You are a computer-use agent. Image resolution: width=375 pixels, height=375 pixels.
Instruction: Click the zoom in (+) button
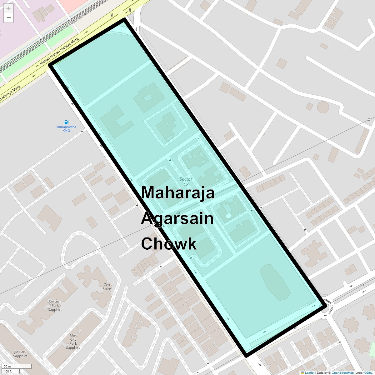point(8,8)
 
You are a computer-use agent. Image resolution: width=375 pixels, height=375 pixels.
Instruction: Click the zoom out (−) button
point(8,18)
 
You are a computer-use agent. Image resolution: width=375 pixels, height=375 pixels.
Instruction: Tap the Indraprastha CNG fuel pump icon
point(66,122)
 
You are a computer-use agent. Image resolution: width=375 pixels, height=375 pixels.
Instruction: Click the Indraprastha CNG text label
point(66,129)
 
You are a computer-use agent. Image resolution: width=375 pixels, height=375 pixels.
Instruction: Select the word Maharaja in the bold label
point(177,192)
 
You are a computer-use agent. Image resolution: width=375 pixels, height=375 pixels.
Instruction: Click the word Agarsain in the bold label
point(177,218)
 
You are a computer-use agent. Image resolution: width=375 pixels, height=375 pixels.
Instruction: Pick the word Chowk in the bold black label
point(169,244)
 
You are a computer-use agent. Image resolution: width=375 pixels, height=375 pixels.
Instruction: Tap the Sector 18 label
point(186,182)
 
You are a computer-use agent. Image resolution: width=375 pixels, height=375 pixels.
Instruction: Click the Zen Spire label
point(107,287)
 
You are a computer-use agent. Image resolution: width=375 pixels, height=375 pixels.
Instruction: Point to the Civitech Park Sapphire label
point(55,305)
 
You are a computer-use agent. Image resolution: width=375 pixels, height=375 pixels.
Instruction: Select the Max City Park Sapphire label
point(73,341)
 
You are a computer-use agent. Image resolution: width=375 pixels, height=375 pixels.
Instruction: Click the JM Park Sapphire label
point(20,354)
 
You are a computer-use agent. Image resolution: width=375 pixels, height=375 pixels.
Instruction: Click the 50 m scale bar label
point(7,366)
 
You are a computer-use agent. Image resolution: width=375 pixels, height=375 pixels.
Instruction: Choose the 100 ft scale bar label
point(8,371)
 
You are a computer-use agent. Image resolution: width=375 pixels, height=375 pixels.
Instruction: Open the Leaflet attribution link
point(309,373)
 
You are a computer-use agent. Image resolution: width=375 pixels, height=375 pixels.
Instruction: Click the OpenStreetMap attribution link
point(342,373)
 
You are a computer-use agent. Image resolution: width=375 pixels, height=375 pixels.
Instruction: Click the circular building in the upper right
point(323,107)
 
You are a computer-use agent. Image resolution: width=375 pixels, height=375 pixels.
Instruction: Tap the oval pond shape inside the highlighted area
point(275,282)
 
